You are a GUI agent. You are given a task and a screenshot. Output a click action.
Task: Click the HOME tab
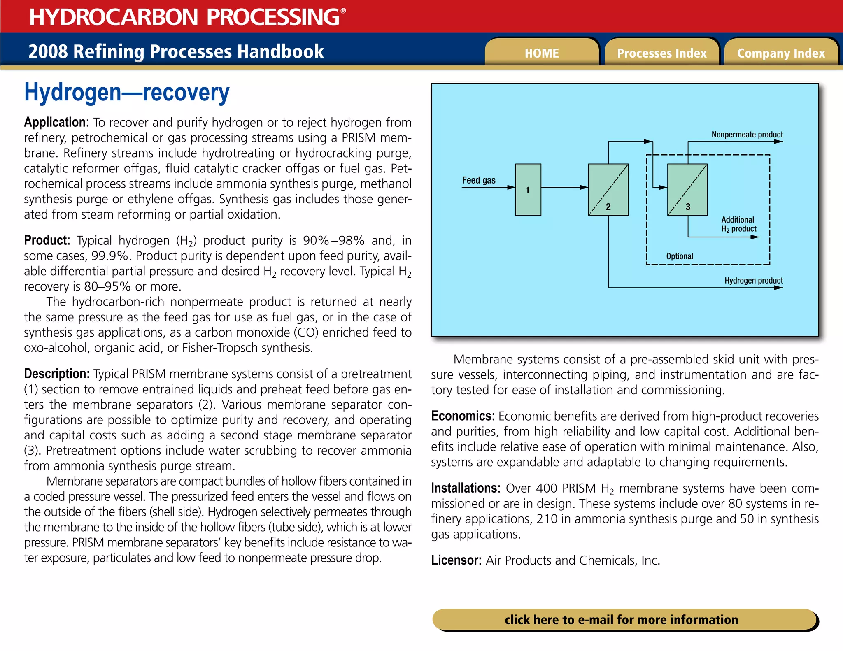pos(541,53)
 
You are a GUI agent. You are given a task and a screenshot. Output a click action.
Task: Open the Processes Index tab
pos(661,53)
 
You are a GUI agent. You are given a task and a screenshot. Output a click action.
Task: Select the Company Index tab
pos(781,53)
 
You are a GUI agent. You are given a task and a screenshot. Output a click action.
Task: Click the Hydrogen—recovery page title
pos(127,92)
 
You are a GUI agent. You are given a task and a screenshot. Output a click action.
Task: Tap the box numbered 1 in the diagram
pos(528,190)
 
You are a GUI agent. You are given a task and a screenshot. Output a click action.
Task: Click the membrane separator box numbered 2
pos(608,190)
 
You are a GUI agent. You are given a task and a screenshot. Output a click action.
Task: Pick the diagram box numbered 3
pos(687,190)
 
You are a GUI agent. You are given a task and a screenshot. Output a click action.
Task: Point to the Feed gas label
pos(479,180)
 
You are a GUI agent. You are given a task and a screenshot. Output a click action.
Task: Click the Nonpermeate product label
pos(747,135)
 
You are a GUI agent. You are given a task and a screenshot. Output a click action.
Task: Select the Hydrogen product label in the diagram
pos(753,281)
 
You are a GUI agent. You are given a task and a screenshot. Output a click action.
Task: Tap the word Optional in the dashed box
pos(680,256)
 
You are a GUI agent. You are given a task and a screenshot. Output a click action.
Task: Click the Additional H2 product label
pos(738,224)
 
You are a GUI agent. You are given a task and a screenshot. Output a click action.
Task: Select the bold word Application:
pos(56,122)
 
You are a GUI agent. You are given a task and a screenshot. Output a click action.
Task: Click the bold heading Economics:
pos(463,416)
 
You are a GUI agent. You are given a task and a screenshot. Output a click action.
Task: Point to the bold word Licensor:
pos(456,560)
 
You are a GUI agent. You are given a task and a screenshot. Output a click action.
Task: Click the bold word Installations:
pos(466,488)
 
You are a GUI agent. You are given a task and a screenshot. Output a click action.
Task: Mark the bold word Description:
pos(57,374)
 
